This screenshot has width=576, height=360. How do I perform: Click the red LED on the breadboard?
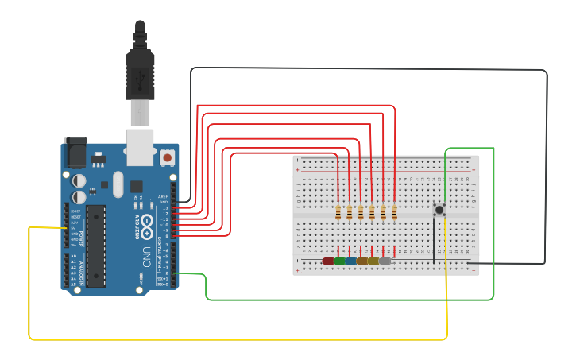328,261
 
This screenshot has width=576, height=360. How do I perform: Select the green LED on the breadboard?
339,261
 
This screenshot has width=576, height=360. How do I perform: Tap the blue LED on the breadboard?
350,261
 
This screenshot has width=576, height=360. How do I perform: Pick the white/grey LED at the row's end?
385,261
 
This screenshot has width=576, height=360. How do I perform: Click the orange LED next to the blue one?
361,261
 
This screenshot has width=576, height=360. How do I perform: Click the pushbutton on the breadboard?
439,211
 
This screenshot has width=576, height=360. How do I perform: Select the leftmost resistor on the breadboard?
338,212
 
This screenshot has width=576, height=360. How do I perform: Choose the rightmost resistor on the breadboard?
394,212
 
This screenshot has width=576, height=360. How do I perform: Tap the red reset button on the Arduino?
168,157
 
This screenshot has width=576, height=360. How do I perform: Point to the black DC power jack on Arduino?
76,153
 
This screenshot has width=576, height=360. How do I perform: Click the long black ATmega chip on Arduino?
96,245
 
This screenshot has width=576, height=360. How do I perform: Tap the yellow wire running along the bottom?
238,339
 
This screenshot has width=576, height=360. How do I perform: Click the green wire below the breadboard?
350,300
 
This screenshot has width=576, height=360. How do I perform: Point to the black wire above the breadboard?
365,69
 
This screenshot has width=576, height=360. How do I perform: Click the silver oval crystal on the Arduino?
118,185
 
